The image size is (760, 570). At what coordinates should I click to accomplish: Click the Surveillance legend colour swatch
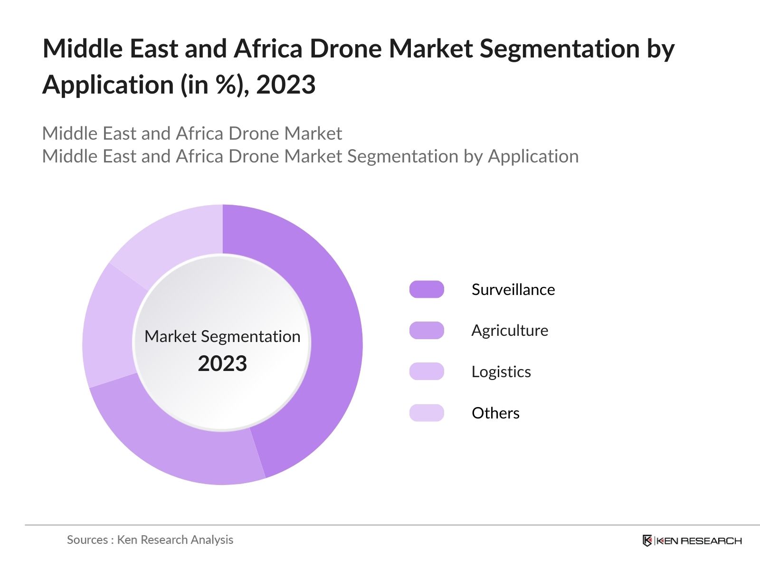tap(427, 289)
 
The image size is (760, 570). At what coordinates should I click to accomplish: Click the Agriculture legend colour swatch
tap(427, 330)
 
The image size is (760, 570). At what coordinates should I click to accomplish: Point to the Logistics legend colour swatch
tap(427, 371)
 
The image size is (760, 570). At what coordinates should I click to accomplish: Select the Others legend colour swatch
tap(427, 413)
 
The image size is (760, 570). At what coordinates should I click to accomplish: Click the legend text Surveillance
tap(513, 289)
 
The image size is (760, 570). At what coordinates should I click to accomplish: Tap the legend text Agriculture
tap(510, 330)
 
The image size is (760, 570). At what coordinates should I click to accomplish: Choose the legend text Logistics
tap(501, 371)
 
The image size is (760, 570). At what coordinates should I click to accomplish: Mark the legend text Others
tap(495, 413)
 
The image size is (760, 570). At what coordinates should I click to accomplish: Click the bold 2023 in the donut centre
tap(222, 363)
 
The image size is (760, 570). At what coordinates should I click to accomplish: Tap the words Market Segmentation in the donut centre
tap(222, 336)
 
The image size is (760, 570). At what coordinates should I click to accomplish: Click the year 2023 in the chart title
tap(285, 85)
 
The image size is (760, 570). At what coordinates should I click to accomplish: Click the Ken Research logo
tap(692, 540)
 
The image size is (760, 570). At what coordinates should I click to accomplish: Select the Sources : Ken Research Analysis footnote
tap(150, 540)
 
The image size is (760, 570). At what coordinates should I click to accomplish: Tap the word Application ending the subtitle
tap(533, 156)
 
